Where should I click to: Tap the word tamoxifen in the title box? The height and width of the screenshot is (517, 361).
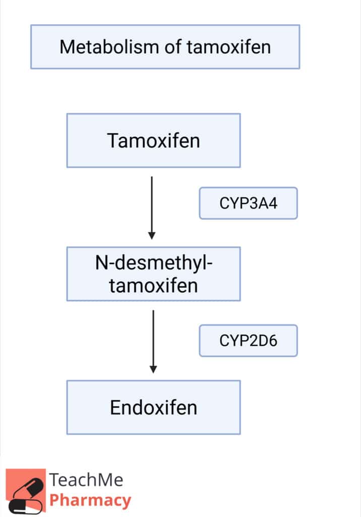coord(229,47)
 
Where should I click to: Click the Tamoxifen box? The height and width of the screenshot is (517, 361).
coord(153,140)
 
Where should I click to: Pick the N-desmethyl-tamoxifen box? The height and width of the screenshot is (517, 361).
coord(153,274)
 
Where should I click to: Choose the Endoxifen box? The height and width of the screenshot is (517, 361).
coord(153,407)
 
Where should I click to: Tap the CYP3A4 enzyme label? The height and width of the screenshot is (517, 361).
coord(249,203)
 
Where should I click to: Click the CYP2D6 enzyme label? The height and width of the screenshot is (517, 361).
coord(249,341)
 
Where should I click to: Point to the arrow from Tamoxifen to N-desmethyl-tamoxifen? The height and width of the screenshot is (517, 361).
coord(152,208)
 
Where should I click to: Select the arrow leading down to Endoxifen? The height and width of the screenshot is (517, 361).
coord(153,342)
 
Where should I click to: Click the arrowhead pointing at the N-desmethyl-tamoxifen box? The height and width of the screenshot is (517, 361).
coord(152,235)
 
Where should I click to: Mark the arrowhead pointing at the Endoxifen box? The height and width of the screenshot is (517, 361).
coord(153,369)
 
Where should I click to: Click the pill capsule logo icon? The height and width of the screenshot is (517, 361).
coord(26,491)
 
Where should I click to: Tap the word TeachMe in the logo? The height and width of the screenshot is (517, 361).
coord(86,480)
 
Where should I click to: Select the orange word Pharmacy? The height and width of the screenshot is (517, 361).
coord(90,500)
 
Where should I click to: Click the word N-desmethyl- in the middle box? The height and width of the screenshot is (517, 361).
coord(154,263)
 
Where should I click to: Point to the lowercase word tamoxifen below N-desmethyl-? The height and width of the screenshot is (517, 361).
coord(153,286)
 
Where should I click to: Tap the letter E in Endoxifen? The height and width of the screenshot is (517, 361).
coord(115,407)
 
